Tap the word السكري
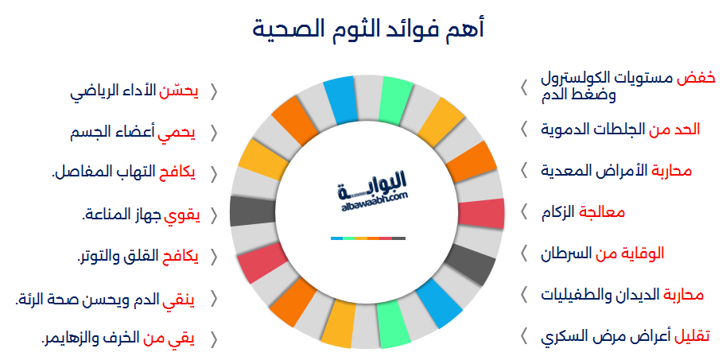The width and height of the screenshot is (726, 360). click(560, 336)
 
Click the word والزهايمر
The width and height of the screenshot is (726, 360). click(66, 339)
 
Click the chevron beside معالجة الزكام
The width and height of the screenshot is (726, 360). click(524, 212)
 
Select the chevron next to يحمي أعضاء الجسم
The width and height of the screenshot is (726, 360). click(214, 134)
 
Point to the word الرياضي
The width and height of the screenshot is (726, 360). click(91, 92)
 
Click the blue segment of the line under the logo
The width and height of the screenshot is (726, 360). click(337, 238)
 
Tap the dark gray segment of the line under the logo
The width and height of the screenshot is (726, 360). click(398, 238)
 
